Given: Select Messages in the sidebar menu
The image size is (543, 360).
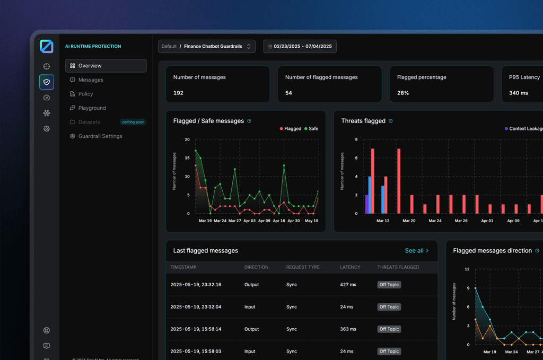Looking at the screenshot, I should (x=90, y=80).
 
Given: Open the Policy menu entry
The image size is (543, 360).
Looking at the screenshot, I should (x=85, y=94).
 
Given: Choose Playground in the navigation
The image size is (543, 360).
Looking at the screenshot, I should (x=92, y=108).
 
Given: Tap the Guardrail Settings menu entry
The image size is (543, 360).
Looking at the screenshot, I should (x=100, y=136).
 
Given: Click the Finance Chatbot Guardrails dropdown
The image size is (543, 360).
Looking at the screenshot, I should (x=207, y=47).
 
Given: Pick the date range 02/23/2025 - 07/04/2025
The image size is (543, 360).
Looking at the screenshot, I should (x=300, y=47).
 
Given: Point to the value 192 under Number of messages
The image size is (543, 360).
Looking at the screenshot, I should (x=178, y=93).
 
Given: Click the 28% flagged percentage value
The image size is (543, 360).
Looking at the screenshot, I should (x=403, y=93).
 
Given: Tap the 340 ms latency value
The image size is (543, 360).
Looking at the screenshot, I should (x=518, y=93).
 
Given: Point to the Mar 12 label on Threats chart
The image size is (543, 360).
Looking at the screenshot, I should (x=383, y=221).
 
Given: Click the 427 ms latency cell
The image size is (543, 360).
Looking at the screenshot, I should (x=348, y=285).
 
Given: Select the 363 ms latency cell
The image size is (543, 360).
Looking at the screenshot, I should (x=348, y=329).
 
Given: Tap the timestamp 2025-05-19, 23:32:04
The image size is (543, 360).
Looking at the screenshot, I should (x=196, y=307).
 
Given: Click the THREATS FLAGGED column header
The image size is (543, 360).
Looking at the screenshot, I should (x=398, y=267).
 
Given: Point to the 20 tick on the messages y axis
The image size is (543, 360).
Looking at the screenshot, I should (x=187, y=140).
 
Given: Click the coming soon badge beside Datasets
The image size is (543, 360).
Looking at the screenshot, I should (x=133, y=122).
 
